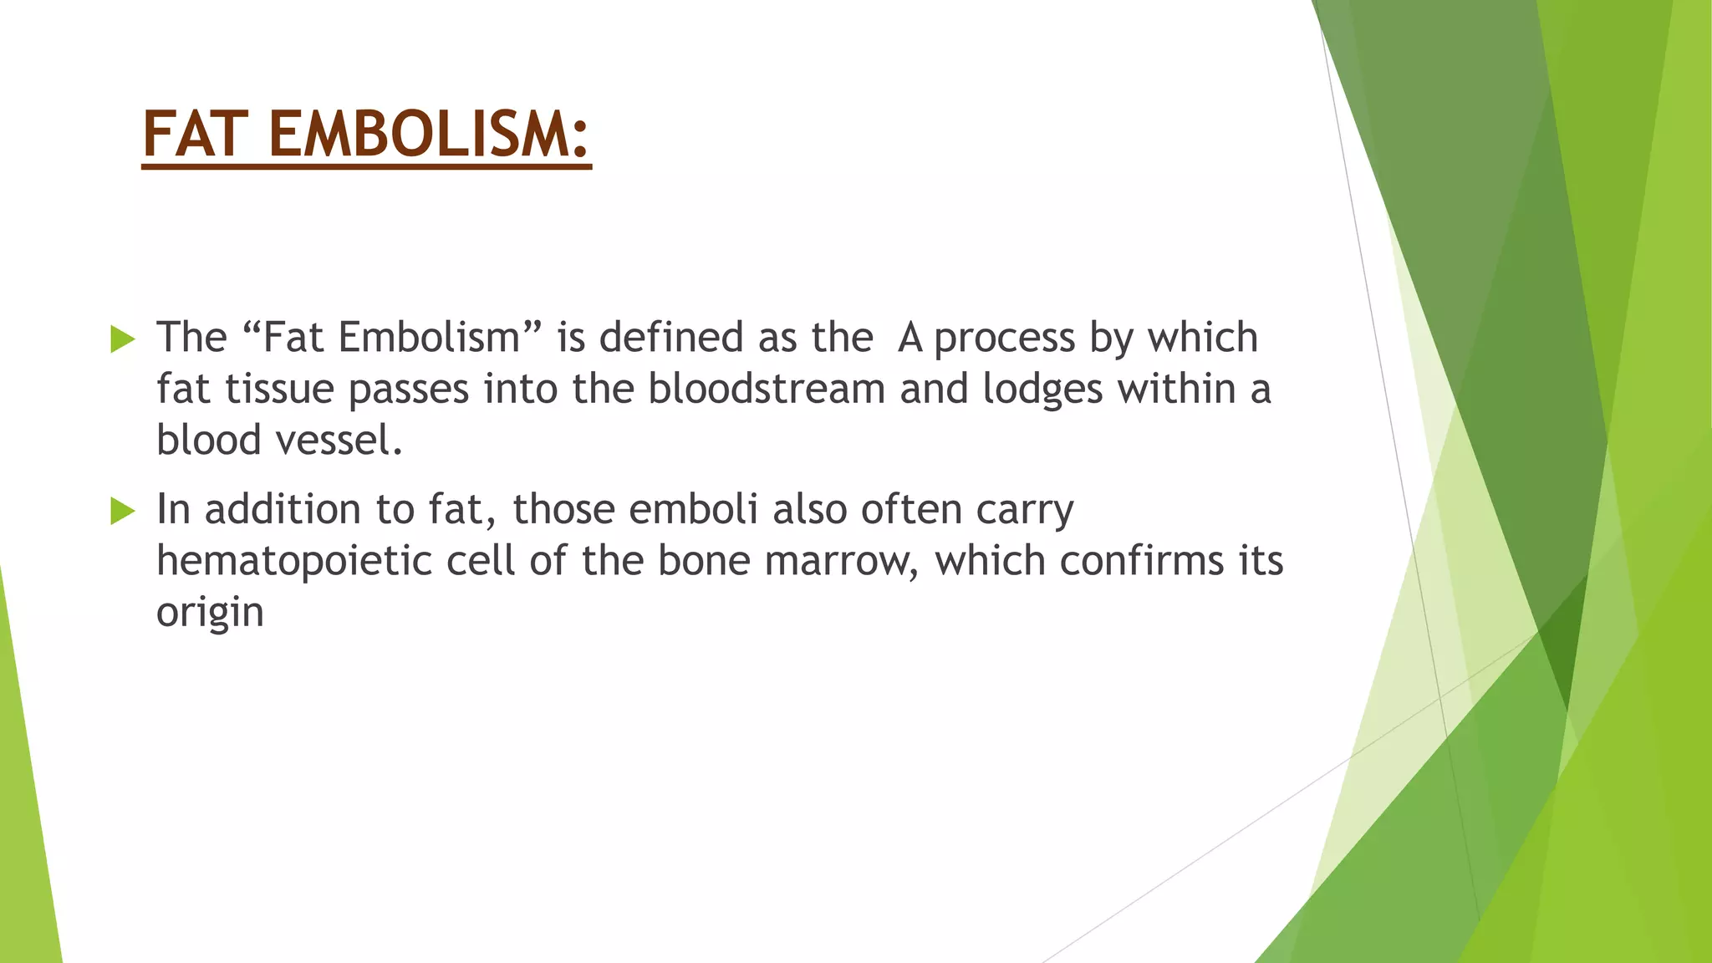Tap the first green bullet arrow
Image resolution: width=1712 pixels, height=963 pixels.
tap(122, 339)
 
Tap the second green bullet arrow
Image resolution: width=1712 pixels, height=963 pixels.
tap(122, 511)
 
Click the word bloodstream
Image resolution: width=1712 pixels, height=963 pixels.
tap(766, 389)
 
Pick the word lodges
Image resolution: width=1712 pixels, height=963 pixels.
tap(1042, 390)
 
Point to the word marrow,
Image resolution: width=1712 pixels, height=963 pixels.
tap(842, 562)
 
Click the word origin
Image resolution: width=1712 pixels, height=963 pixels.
tap(210, 613)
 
